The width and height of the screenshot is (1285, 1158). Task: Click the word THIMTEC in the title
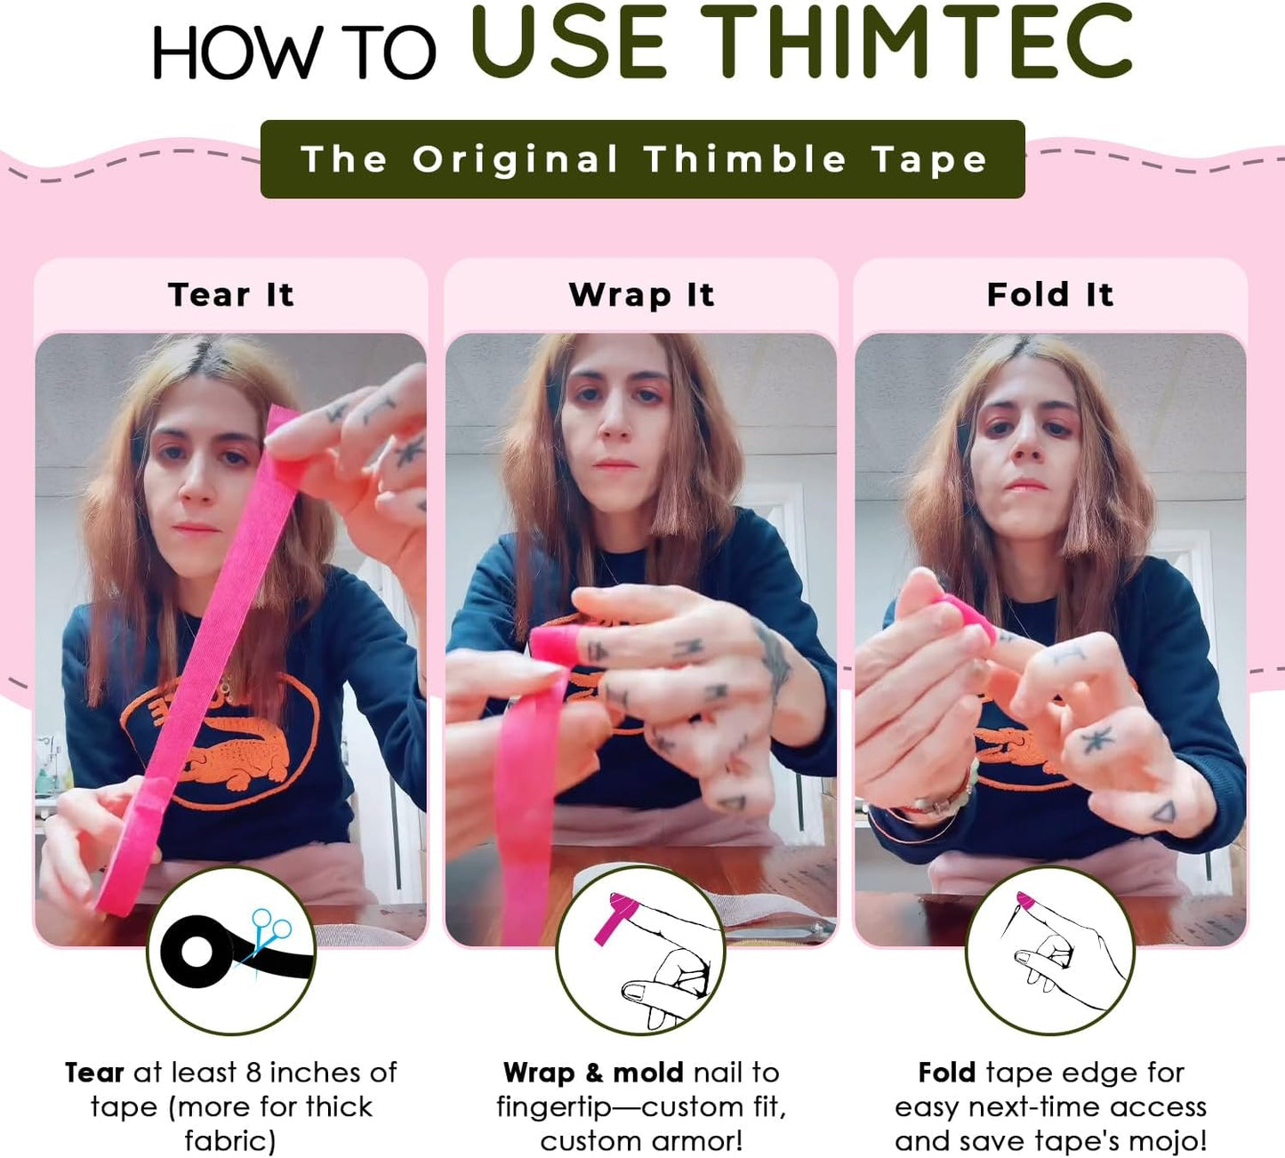pos(916,43)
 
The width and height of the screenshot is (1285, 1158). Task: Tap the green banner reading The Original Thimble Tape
pos(642,159)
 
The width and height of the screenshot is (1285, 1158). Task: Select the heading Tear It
pos(230,294)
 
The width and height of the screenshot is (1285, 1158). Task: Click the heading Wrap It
pos(641,294)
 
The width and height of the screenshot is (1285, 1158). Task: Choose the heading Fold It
pos(1050,294)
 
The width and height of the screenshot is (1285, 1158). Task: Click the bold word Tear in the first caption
pos(94,1073)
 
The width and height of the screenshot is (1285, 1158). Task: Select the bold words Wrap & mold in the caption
pos(593,1073)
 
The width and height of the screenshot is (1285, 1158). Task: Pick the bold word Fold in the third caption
pos(947,1073)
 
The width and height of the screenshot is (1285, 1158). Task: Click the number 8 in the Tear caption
pos(253,1073)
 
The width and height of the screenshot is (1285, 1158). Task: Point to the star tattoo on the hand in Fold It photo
pos(1097,739)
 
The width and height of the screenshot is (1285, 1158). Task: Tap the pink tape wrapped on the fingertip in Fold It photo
pos(967,614)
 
